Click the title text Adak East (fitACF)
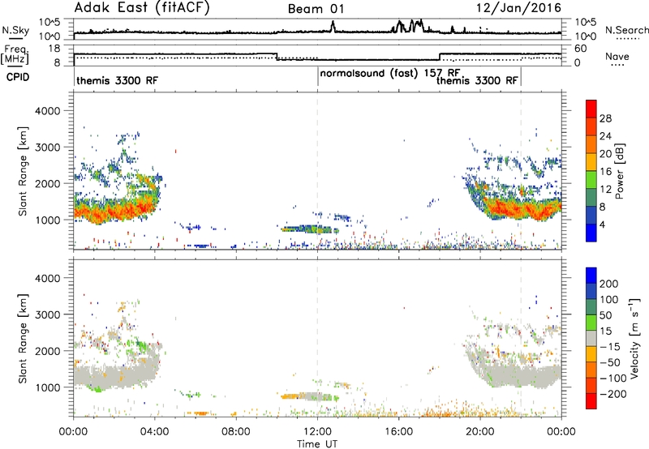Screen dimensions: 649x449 (142, 8)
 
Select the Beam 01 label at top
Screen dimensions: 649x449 (316, 9)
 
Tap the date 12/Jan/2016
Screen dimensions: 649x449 (518, 8)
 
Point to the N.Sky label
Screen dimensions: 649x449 (15, 30)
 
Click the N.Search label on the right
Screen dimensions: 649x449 (626, 30)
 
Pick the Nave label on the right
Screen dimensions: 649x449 (617, 56)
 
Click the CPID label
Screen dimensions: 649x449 (18, 77)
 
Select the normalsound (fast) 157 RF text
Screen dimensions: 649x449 (390, 73)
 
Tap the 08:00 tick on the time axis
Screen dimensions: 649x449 (236, 432)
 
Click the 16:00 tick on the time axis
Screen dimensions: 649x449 (398, 432)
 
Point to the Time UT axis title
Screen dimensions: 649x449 (317, 443)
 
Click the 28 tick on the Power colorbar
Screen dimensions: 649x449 (605, 118)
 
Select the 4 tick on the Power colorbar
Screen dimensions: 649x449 (603, 224)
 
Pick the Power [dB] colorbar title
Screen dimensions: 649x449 (620, 171)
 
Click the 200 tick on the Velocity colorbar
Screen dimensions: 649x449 (609, 284)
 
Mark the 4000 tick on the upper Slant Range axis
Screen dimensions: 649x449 (48, 111)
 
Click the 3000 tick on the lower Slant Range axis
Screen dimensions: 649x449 (48, 314)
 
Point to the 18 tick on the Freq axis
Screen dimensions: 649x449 (54, 49)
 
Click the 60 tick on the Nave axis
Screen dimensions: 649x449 (581, 49)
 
